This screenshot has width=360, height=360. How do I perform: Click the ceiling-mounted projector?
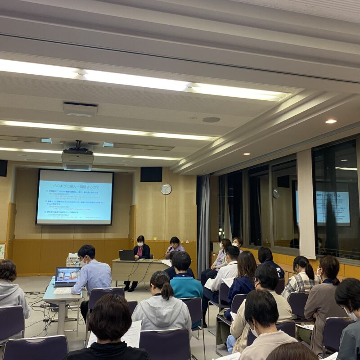[x=77, y=159]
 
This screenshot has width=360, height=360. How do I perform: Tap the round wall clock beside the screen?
[x=166, y=189]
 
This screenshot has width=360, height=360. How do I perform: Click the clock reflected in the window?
[x=276, y=193]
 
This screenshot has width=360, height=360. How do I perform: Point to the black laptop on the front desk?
[x=126, y=255]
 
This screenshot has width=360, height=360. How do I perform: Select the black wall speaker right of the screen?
[x=151, y=174]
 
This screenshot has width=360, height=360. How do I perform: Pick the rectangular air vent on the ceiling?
[x=80, y=109]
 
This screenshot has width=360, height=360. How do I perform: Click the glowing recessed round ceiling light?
[x=331, y=121]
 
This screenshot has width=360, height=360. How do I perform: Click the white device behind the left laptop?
[x=72, y=260]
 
